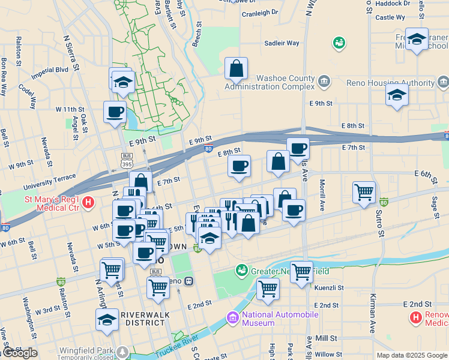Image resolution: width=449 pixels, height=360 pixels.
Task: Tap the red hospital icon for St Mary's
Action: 89,203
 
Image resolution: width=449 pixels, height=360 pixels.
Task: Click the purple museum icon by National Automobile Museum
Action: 232,316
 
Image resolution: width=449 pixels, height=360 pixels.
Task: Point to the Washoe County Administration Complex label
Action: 270,82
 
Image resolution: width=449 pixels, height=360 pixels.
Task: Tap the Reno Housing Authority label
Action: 390,82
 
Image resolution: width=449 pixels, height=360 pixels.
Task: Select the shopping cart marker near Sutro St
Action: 364,193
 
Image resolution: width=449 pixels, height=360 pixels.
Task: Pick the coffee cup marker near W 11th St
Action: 115,111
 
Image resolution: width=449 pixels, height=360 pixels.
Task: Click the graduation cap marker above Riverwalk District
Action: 107,320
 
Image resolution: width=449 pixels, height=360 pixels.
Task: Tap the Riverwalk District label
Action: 145,319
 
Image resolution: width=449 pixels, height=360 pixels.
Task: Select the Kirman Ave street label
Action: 372,317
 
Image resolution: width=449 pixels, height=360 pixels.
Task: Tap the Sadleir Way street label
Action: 282,43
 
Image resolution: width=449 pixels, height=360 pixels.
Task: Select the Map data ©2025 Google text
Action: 411,355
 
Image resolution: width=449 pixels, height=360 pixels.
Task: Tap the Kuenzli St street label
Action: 328,288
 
